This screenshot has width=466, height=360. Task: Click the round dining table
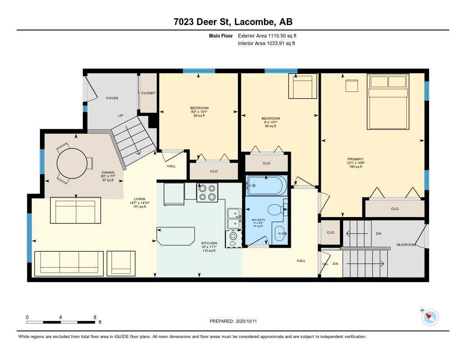click(71, 162)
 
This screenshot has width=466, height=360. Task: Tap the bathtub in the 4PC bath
click(266, 186)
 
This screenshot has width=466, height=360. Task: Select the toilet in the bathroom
click(276, 210)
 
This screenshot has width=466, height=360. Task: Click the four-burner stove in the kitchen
click(207, 192)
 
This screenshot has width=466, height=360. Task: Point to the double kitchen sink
click(234, 218)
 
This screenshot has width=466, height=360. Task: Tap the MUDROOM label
click(406, 245)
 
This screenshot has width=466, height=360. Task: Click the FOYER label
click(112, 98)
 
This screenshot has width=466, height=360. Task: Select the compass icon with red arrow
click(430, 317)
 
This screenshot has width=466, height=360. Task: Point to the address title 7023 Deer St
click(233, 22)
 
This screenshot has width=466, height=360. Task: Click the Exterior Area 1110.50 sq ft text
click(267, 35)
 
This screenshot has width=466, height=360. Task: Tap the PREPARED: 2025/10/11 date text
click(233, 321)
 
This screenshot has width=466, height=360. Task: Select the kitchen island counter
click(176, 236)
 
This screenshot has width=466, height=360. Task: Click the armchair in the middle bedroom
click(304, 86)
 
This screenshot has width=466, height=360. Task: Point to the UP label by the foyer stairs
click(121, 116)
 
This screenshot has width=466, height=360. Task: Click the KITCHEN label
click(209, 243)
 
